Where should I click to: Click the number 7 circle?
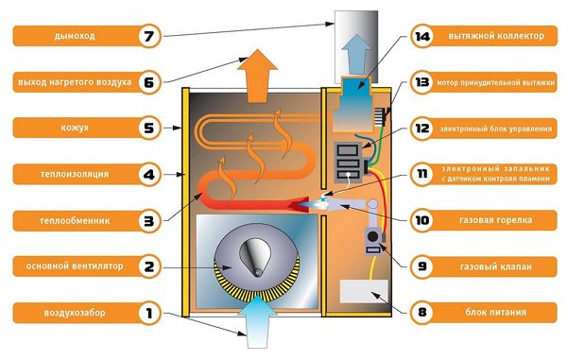pyautogui.click(x=147, y=37)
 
